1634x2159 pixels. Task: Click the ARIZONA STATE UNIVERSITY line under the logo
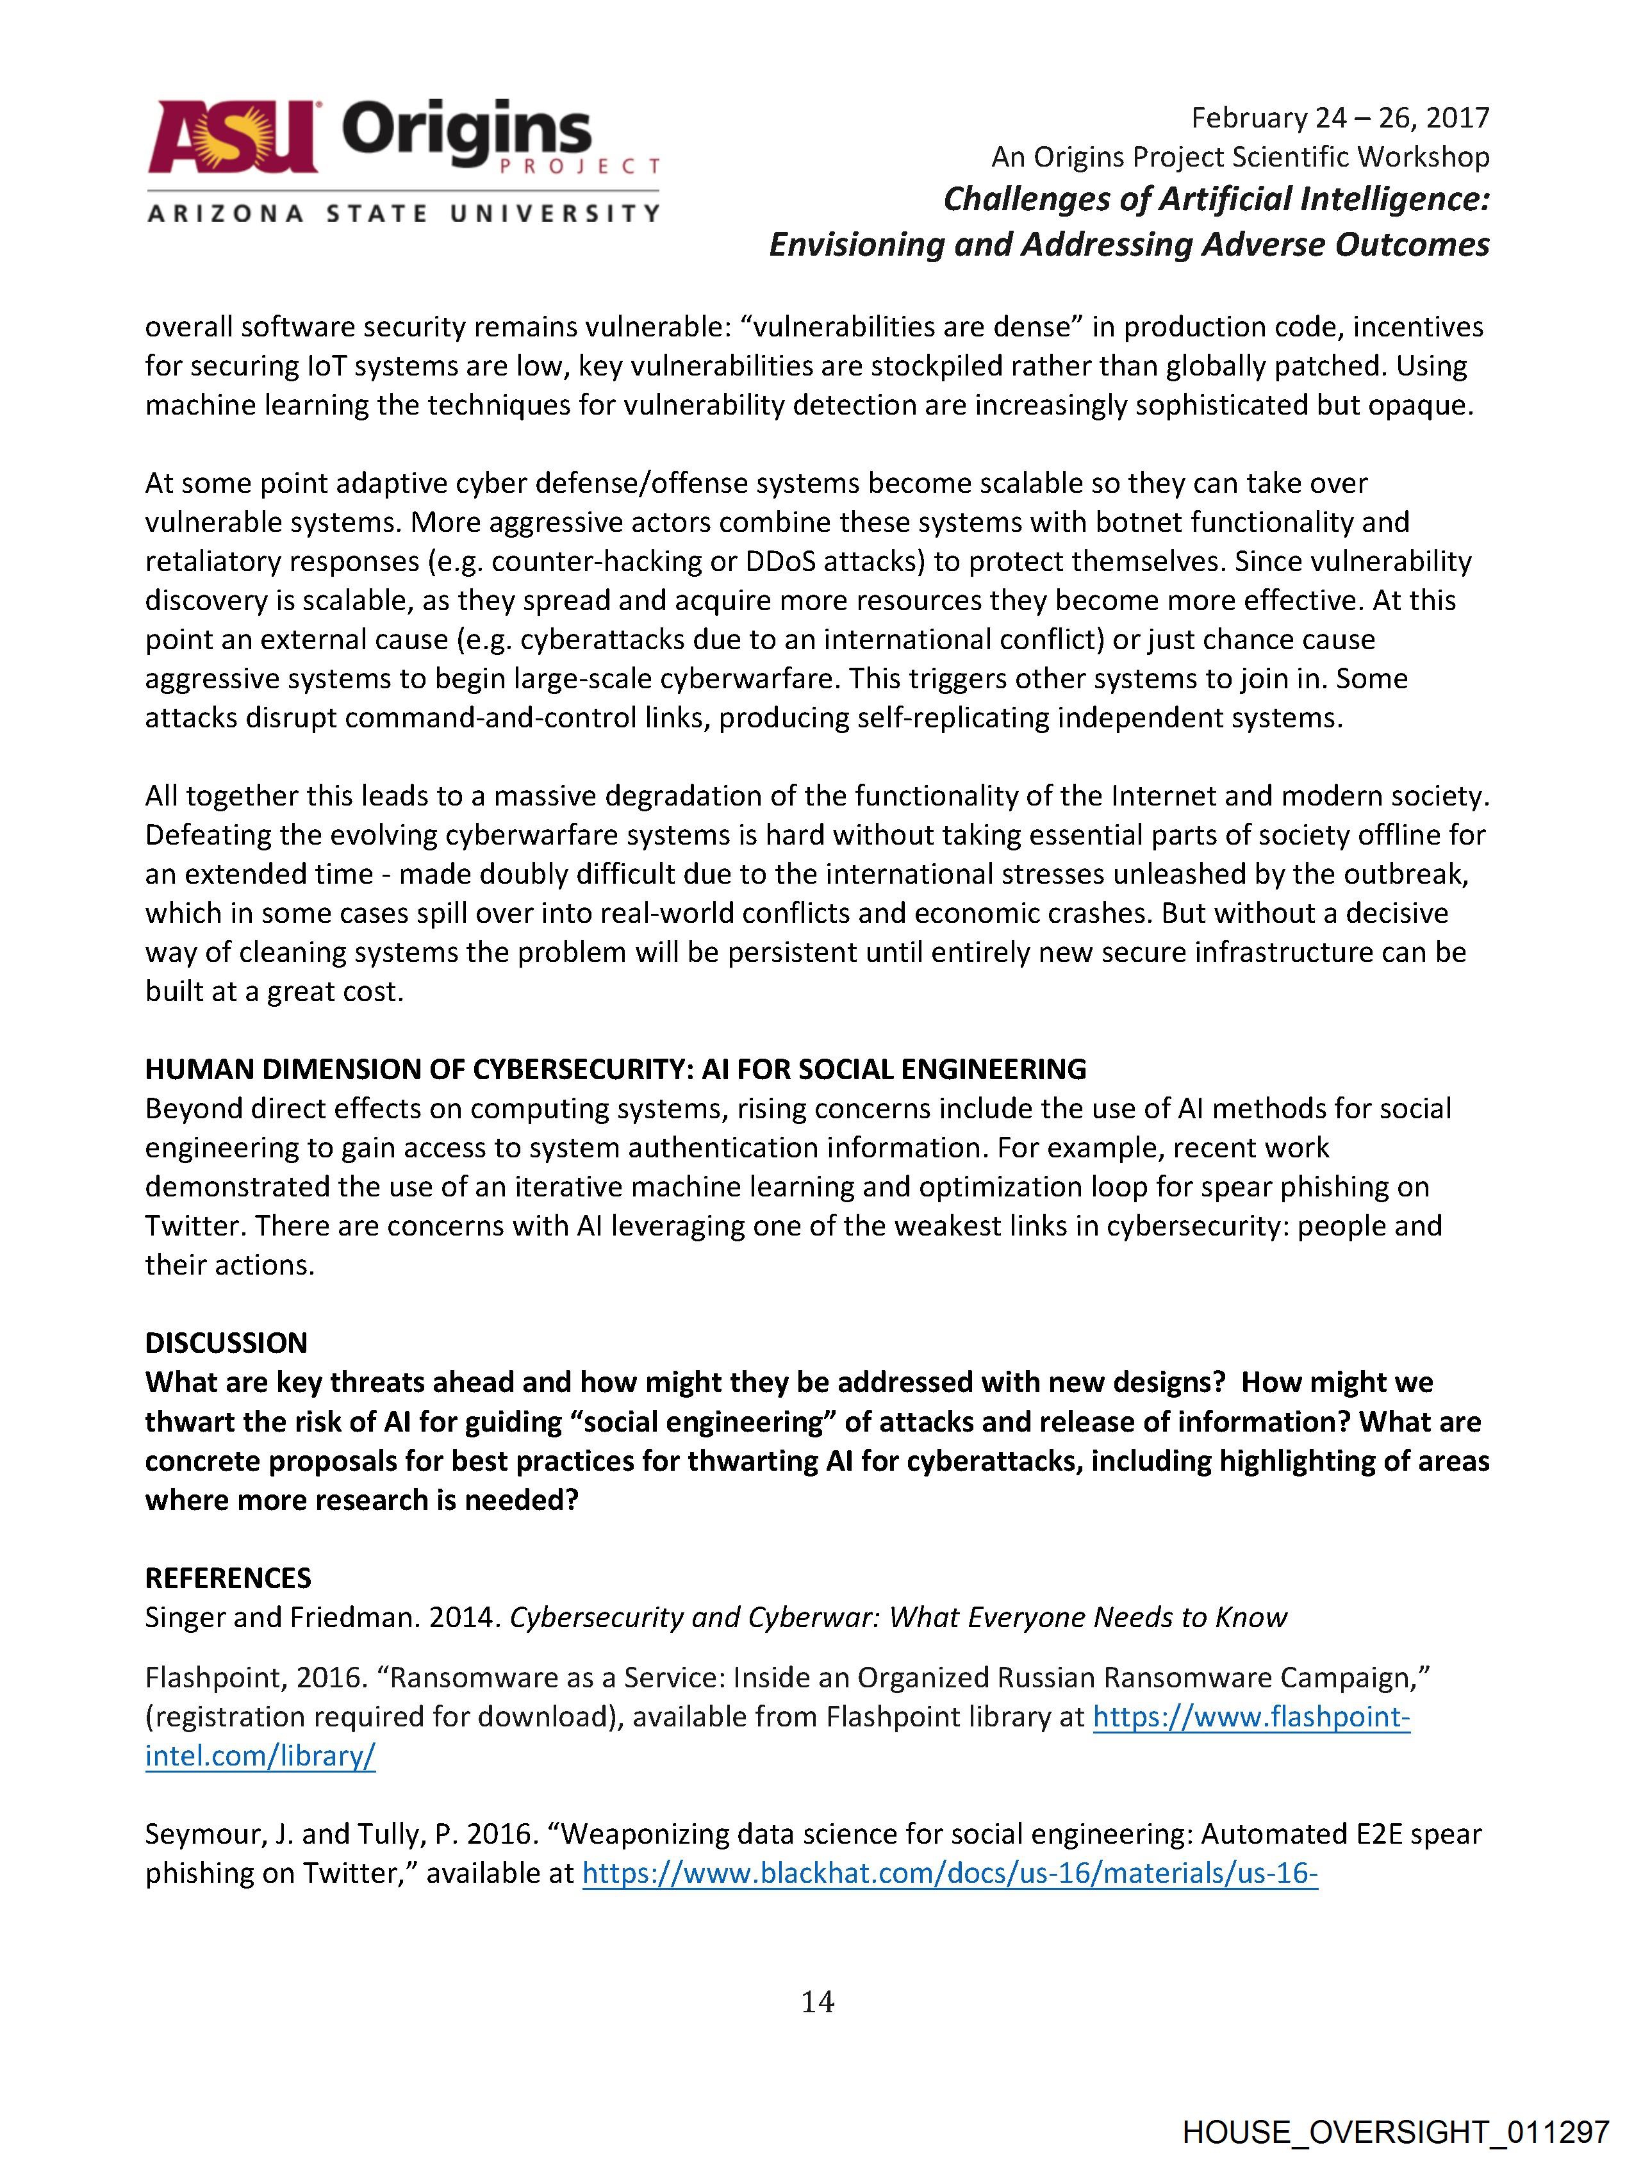coord(402,213)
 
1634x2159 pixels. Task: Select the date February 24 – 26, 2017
coord(1340,118)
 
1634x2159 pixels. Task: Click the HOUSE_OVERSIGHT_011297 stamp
coord(1395,2131)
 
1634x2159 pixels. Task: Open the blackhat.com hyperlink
coord(950,1873)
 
